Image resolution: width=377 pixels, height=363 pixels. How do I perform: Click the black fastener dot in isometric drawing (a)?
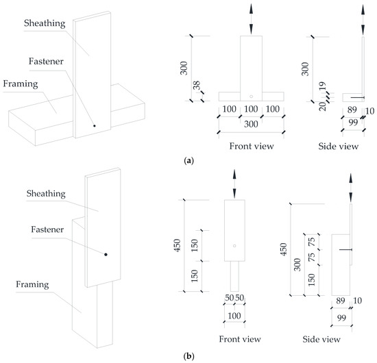coord(95,125)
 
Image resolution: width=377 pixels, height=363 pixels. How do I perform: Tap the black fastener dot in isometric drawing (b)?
coord(106,254)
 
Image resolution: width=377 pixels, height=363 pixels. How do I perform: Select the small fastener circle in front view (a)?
coord(252,97)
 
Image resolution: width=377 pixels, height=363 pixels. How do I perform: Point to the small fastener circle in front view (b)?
coord(234,246)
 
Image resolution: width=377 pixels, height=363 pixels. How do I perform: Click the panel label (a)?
coord(188,160)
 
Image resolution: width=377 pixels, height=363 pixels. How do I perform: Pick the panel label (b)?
coord(188,355)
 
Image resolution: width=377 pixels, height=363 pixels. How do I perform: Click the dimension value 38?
coord(197,85)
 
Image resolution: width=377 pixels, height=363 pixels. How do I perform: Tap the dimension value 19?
coord(322,86)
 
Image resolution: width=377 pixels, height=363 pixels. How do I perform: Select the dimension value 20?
coord(323,106)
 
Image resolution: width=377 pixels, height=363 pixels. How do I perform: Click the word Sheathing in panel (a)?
coord(45,23)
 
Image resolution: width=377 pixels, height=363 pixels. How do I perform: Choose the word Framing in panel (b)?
coord(32,285)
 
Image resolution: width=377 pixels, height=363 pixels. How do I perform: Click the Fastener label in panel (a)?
coord(46,61)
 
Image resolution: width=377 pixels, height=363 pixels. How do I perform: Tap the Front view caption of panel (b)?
coord(240,339)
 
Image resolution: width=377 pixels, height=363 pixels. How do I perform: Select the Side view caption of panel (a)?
coord(339,146)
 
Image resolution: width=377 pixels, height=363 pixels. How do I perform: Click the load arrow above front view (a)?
coord(252,18)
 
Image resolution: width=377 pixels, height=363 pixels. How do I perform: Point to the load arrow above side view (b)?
coord(350,188)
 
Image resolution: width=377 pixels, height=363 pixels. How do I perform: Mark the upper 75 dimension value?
coord(312,242)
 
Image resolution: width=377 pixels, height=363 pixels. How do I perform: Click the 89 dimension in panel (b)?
coord(341,301)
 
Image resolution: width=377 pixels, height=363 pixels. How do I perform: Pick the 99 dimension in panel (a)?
coord(353,123)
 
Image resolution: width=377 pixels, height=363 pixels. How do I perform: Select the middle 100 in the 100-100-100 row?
coord(251,109)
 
